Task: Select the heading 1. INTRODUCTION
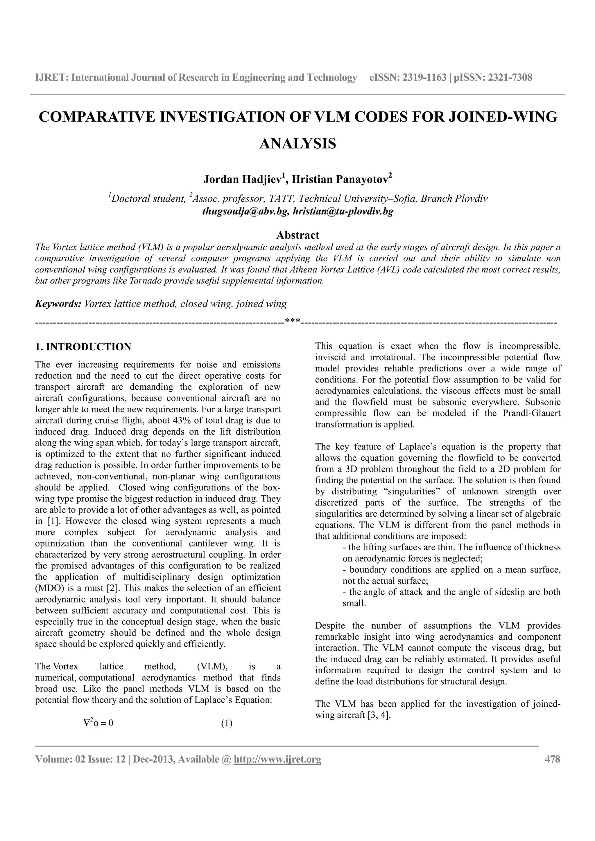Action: (x=83, y=347)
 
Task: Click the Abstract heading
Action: (x=298, y=235)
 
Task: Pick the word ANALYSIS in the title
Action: (x=298, y=144)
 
